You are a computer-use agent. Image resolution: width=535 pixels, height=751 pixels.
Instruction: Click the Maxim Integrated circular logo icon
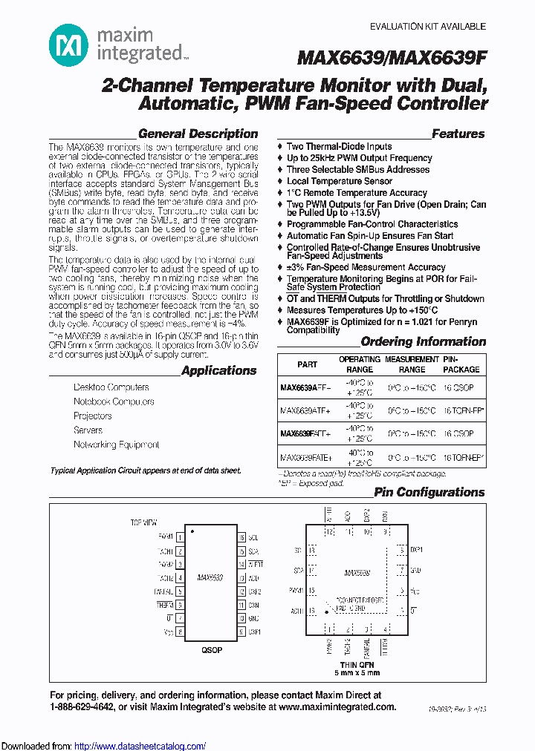[68, 45]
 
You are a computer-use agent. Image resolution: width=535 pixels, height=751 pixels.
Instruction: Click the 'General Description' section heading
[198, 134]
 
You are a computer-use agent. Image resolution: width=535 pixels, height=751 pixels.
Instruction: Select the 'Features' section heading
[458, 134]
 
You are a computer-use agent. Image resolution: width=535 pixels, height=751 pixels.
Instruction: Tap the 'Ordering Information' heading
[423, 342]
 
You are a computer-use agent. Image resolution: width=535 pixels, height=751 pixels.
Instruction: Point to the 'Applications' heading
[218, 371]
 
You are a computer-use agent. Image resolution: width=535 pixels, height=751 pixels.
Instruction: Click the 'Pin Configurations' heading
[429, 492]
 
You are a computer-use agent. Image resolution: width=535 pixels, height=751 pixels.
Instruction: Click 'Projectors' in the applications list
[93, 416]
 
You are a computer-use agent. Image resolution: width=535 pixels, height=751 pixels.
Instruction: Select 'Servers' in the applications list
[88, 430]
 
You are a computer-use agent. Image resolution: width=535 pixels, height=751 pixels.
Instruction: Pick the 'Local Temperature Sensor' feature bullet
[340, 181]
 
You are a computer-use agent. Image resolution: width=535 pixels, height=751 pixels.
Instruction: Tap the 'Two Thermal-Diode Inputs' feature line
[339, 147]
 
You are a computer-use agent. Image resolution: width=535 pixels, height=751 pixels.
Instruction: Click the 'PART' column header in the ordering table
[307, 364]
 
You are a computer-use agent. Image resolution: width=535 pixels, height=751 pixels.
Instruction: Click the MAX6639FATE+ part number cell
[306, 458]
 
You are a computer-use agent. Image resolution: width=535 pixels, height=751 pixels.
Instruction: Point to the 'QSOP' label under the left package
[211, 650]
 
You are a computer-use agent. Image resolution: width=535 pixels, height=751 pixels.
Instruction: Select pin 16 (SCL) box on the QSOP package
[241, 537]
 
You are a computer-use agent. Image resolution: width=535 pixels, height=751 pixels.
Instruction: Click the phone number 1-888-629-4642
[82, 707]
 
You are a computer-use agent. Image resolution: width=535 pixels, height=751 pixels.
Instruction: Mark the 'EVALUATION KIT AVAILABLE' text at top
[428, 27]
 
